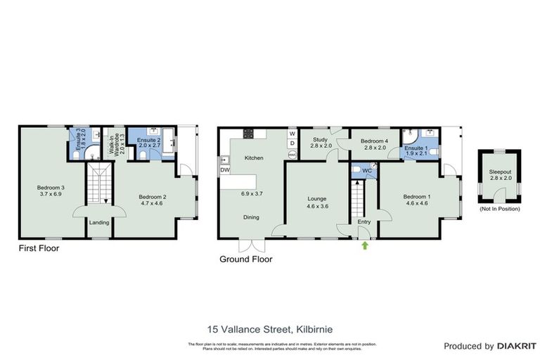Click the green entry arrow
(x=364, y=245)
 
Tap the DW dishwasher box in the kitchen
(x=225, y=170)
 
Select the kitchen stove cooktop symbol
(x=248, y=133)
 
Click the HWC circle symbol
(x=292, y=155)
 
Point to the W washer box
(x=292, y=133)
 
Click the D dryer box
(x=292, y=143)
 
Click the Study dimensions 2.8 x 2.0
(x=321, y=146)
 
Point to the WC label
(x=366, y=171)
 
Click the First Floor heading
(x=39, y=248)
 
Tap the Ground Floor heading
(x=247, y=259)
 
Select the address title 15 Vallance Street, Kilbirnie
(x=269, y=328)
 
